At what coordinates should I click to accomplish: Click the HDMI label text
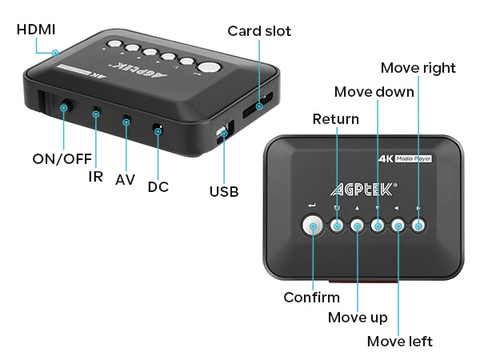click(x=37, y=30)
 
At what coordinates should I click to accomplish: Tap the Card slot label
click(x=259, y=31)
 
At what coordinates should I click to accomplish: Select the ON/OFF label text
click(x=62, y=158)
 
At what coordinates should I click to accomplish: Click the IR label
click(x=95, y=176)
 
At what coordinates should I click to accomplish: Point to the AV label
click(x=125, y=180)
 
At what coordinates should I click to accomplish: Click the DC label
click(x=158, y=186)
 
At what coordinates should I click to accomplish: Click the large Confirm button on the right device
click(x=314, y=227)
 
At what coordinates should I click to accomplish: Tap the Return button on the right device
click(x=338, y=227)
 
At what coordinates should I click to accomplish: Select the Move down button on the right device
click(x=378, y=227)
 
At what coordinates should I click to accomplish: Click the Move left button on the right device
click(x=398, y=227)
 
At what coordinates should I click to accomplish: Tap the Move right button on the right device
click(x=418, y=227)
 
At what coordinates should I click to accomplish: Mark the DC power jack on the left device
click(x=158, y=128)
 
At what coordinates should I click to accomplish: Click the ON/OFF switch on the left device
click(x=64, y=106)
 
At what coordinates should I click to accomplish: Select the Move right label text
click(x=418, y=67)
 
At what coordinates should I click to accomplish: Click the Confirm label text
click(x=311, y=298)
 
